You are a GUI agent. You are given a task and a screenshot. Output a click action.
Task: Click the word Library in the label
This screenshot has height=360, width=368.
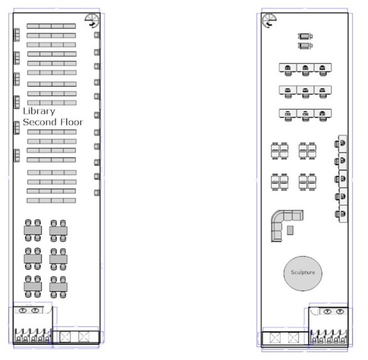39,111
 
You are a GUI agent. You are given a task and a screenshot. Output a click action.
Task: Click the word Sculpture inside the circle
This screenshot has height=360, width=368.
303,273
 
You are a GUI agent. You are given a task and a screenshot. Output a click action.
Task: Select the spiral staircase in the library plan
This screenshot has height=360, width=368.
92,21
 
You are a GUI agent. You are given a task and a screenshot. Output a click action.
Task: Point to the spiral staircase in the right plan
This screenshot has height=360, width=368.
269,21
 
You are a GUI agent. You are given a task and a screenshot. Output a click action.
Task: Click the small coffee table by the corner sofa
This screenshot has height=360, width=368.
290,230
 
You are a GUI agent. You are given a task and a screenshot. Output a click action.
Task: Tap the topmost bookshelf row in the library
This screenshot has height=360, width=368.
51,26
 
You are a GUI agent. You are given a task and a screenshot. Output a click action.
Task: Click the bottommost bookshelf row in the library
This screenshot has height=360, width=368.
51,200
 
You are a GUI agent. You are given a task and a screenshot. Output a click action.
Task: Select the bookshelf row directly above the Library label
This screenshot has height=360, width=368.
52,102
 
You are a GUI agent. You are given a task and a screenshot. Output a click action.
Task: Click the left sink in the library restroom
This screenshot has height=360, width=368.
23,310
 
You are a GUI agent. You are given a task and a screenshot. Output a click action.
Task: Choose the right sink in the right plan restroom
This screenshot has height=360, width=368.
340,312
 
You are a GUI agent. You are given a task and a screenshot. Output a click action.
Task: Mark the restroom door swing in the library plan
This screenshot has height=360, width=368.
49,310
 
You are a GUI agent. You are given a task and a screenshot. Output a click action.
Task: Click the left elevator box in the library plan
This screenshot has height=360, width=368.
65,337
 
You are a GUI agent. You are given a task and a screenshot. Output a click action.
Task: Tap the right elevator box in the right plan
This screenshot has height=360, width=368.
293,338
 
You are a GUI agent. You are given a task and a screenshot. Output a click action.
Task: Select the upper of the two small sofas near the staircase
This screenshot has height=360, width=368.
305,36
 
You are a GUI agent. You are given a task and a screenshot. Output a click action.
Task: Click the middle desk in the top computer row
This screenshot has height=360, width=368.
305,69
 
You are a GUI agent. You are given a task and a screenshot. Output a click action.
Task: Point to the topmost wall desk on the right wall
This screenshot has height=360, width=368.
341,144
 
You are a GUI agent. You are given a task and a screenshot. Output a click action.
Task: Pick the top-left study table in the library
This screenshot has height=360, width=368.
33,230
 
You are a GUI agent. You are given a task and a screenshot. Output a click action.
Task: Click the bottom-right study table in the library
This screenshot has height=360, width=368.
58,287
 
